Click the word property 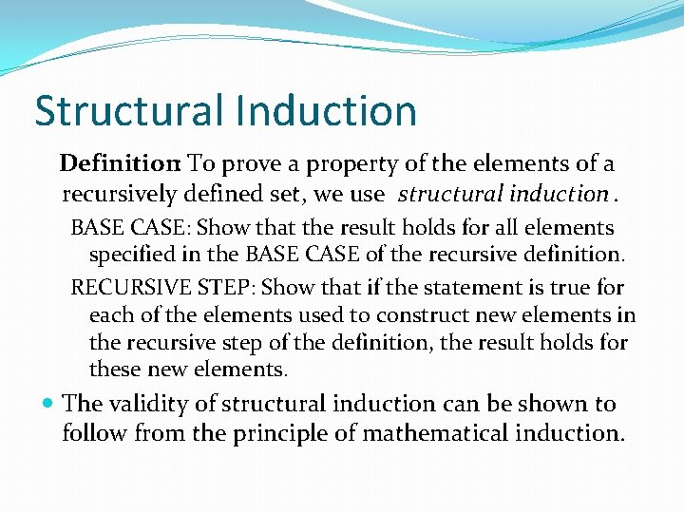[x=356, y=165]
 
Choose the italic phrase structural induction [x=503, y=195]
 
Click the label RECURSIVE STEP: [x=162, y=287]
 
